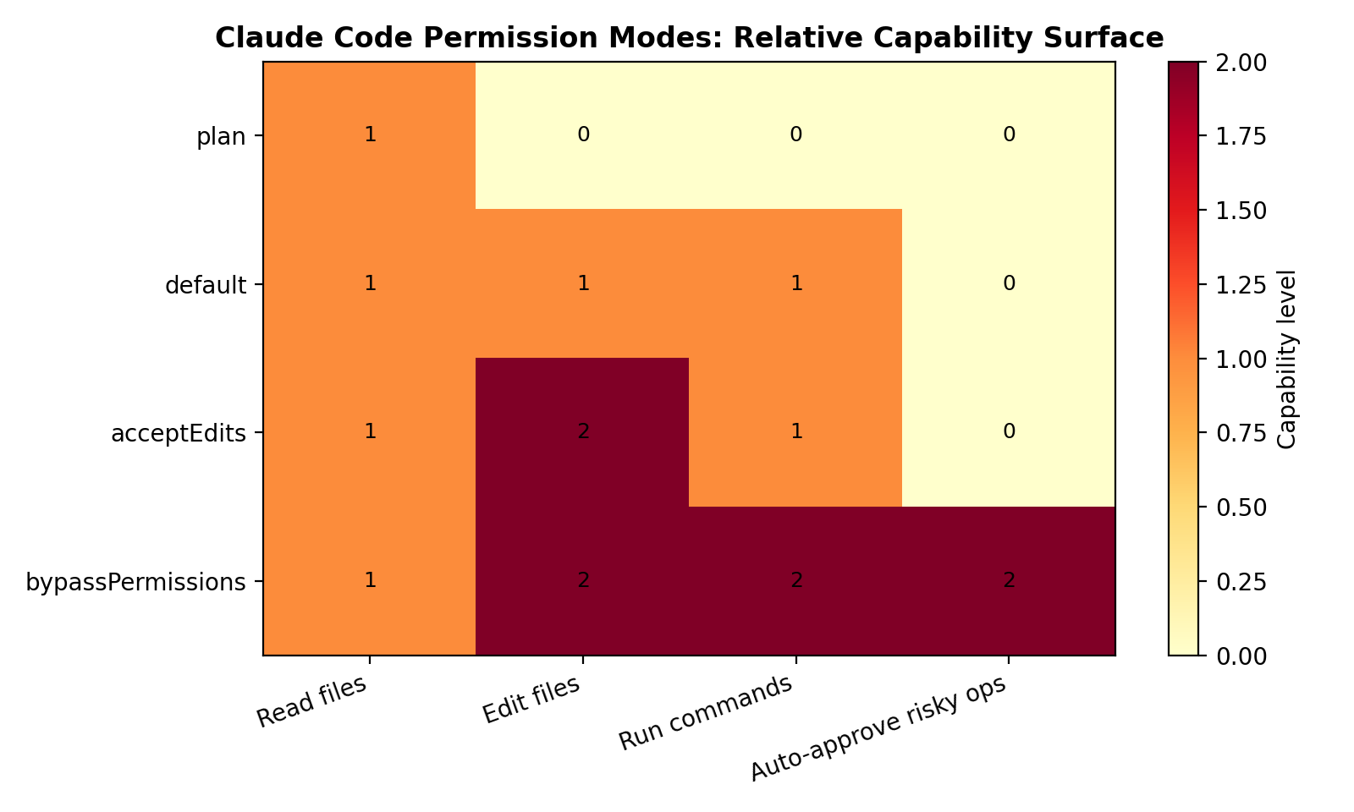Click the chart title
point(689,38)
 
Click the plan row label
point(221,136)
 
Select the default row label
point(206,285)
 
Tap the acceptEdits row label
point(179,433)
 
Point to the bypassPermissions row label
point(135,582)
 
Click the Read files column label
point(313,702)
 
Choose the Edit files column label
point(532,700)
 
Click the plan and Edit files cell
point(582,135)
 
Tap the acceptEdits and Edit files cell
point(582,432)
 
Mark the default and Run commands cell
point(795,283)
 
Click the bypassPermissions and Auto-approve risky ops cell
point(1009,581)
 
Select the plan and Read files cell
point(369,135)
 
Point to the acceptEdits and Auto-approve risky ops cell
point(1009,432)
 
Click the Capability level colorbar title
point(1286,359)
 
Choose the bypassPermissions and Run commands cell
point(795,581)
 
